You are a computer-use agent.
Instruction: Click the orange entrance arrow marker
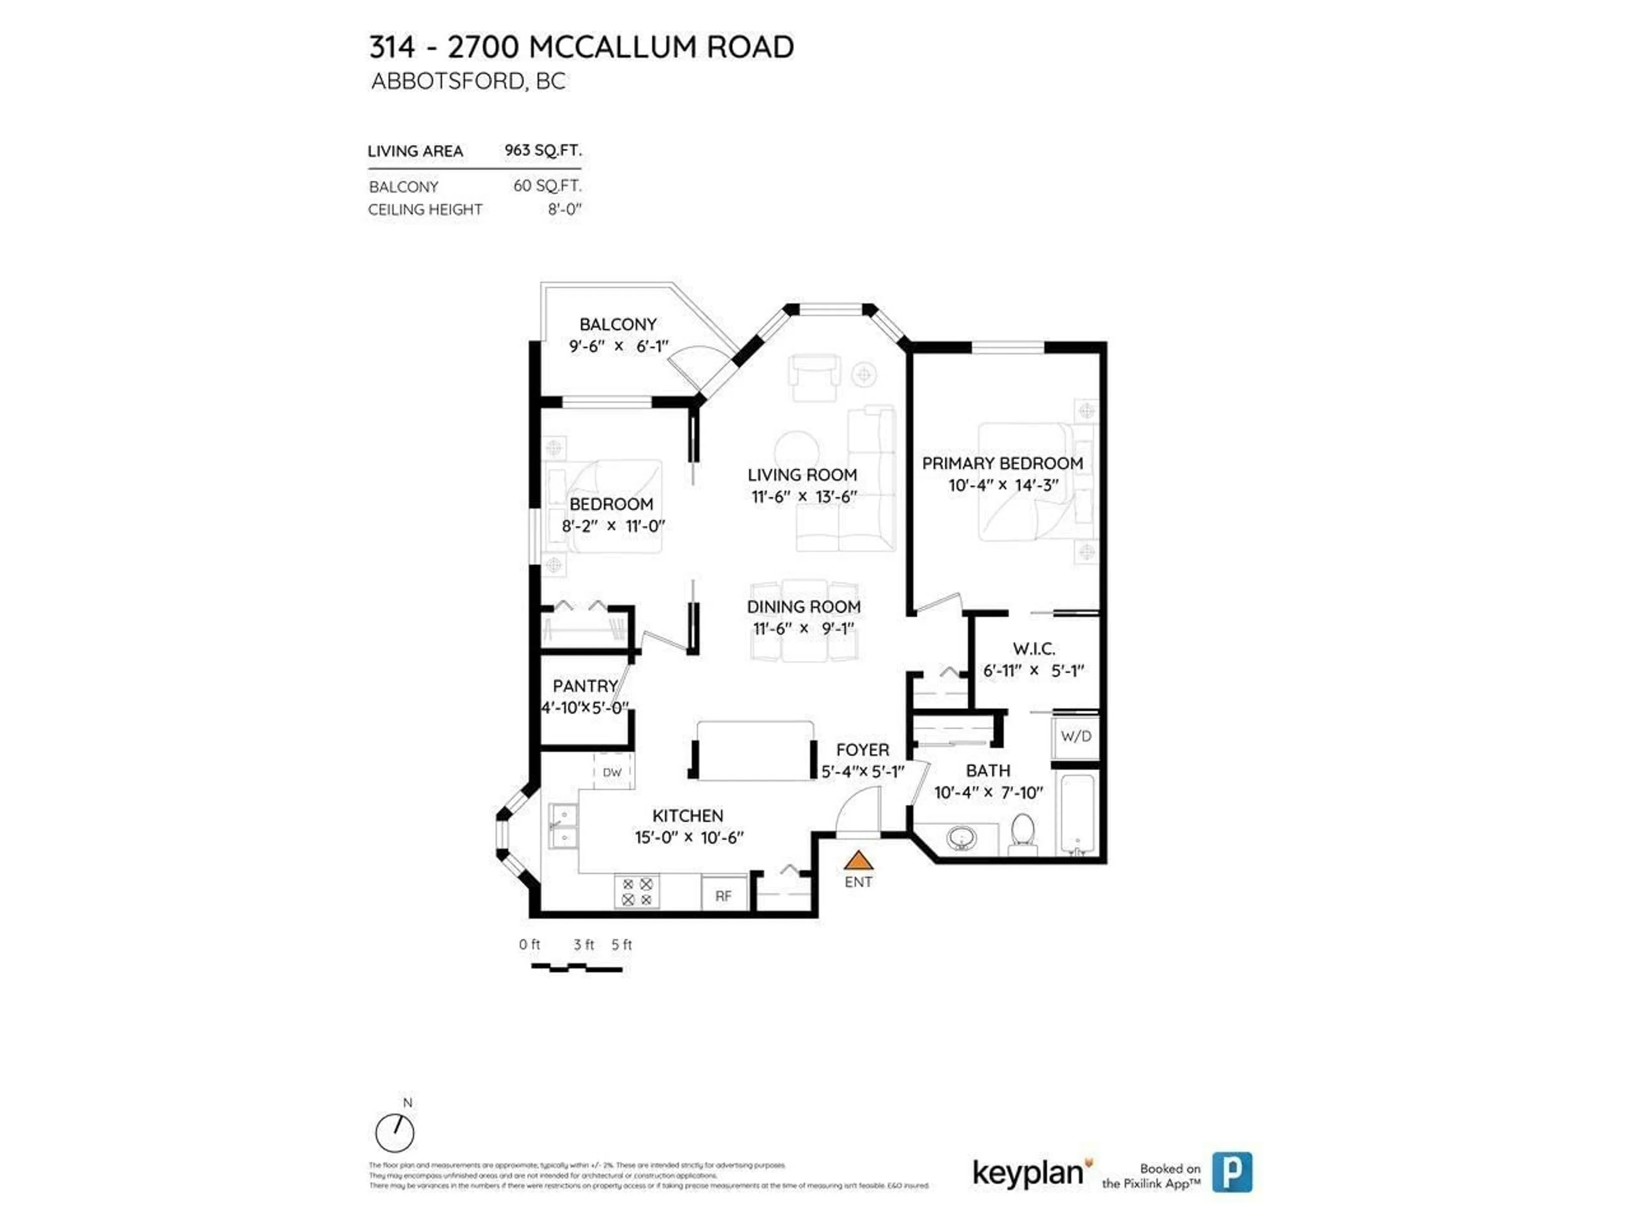[858, 860]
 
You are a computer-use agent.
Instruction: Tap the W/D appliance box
[1076, 736]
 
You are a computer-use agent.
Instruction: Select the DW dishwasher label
[613, 772]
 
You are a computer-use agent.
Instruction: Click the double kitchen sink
[563, 826]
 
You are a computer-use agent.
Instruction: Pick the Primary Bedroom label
[1002, 463]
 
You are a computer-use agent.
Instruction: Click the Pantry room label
[585, 685]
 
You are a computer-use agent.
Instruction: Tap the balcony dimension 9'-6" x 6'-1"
[618, 346]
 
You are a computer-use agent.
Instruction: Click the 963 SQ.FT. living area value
[543, 150]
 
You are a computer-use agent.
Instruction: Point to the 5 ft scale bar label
[622, 944]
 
